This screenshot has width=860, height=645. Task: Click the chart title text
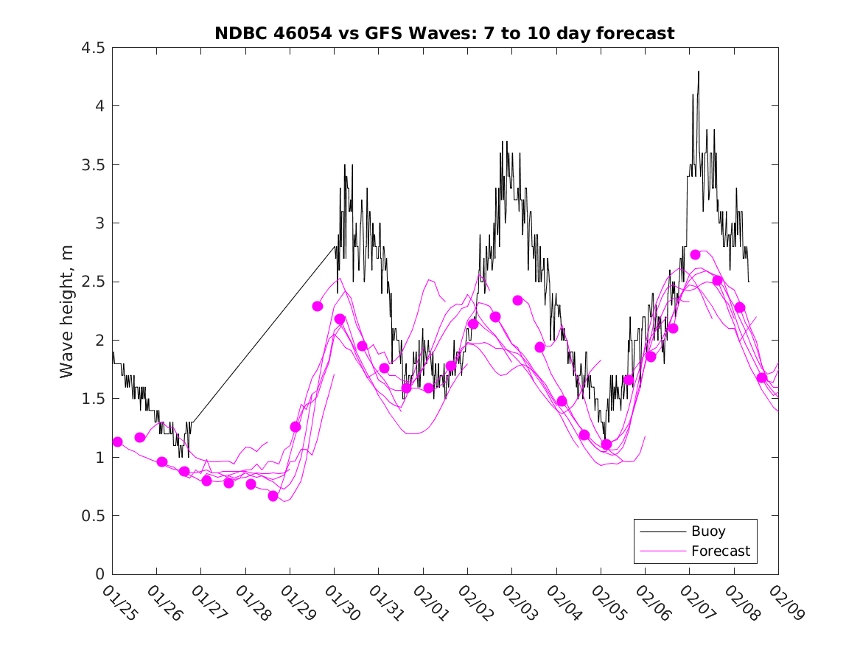click(444, 33)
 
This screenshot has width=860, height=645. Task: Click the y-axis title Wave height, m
click(67, 311)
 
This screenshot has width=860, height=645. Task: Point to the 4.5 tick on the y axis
click(94, 48)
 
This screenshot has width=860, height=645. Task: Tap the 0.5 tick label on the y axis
click(94, 516)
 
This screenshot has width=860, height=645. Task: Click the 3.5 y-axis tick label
click(94, 165)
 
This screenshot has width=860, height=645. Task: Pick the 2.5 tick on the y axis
click(94, 282)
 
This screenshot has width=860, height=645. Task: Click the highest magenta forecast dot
click(695, 254)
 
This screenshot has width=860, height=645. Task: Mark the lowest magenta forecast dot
click(273, 496)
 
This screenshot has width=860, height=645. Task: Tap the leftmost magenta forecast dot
click(117, 442)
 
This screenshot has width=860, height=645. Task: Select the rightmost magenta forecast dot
click(762, 377)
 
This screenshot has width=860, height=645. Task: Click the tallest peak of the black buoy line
click(699, 72)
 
